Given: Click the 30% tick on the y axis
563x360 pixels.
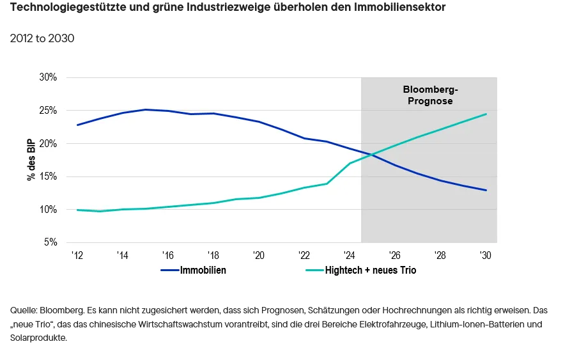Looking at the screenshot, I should pos(49,77).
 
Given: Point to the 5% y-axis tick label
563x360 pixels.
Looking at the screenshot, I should pos(50,243).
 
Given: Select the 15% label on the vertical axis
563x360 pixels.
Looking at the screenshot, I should pos(49,176).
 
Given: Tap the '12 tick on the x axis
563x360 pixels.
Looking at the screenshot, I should pos(77,255).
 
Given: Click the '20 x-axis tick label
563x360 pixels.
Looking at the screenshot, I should pos(259,255).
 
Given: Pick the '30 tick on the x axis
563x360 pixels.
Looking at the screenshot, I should pos(486,255).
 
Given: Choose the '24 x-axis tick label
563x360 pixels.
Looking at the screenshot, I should pos(350,255).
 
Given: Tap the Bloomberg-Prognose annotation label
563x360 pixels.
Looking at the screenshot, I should pos(430,95).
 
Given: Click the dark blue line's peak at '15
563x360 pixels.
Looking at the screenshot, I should pos(146,109).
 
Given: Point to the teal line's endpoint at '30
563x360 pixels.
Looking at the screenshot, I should pos(486,114).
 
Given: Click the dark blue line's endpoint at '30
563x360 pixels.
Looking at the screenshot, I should pos(486,190).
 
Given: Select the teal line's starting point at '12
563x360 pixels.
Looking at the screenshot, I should pos(77,210).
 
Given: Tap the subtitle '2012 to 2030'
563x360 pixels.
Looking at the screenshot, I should pos(42,38).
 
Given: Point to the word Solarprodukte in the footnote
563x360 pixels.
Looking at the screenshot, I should pos(38,338).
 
